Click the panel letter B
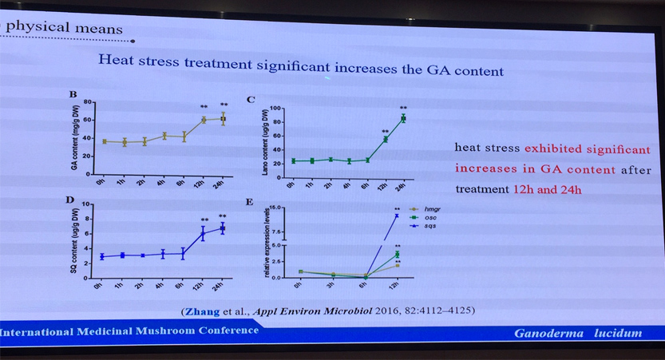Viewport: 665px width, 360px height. (x=73, y=95)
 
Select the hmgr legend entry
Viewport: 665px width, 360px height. (x=423, y=210)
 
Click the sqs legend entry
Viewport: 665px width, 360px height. (x=422, y=226)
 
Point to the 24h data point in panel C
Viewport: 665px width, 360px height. (x=403, y=118)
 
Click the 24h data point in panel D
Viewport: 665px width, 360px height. (x=223, y=228)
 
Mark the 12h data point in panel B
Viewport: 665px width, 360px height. (x=204, y=120)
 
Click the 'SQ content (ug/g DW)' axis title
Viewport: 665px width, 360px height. (x=73, y=239)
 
